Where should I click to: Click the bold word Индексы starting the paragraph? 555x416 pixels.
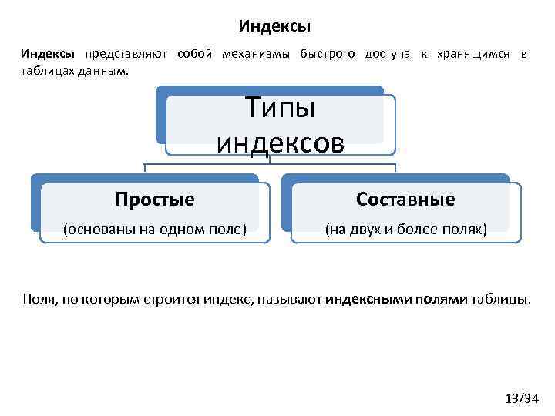tap(48, 55)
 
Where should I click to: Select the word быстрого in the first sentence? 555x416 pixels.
tap(327, 55)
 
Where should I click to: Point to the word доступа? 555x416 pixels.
tap(387, 55)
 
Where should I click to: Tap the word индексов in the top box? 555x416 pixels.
tap(280, 142)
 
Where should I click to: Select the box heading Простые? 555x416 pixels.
tap(154, 200)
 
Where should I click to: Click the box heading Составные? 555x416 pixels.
tap(405, 200)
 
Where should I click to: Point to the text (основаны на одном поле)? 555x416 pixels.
tap(155, 229)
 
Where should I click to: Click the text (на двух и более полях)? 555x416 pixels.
tap(405, 229)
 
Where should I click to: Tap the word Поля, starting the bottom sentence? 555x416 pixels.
tap(40, 298)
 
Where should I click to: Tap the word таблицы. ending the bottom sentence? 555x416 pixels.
tap(501, 298)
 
